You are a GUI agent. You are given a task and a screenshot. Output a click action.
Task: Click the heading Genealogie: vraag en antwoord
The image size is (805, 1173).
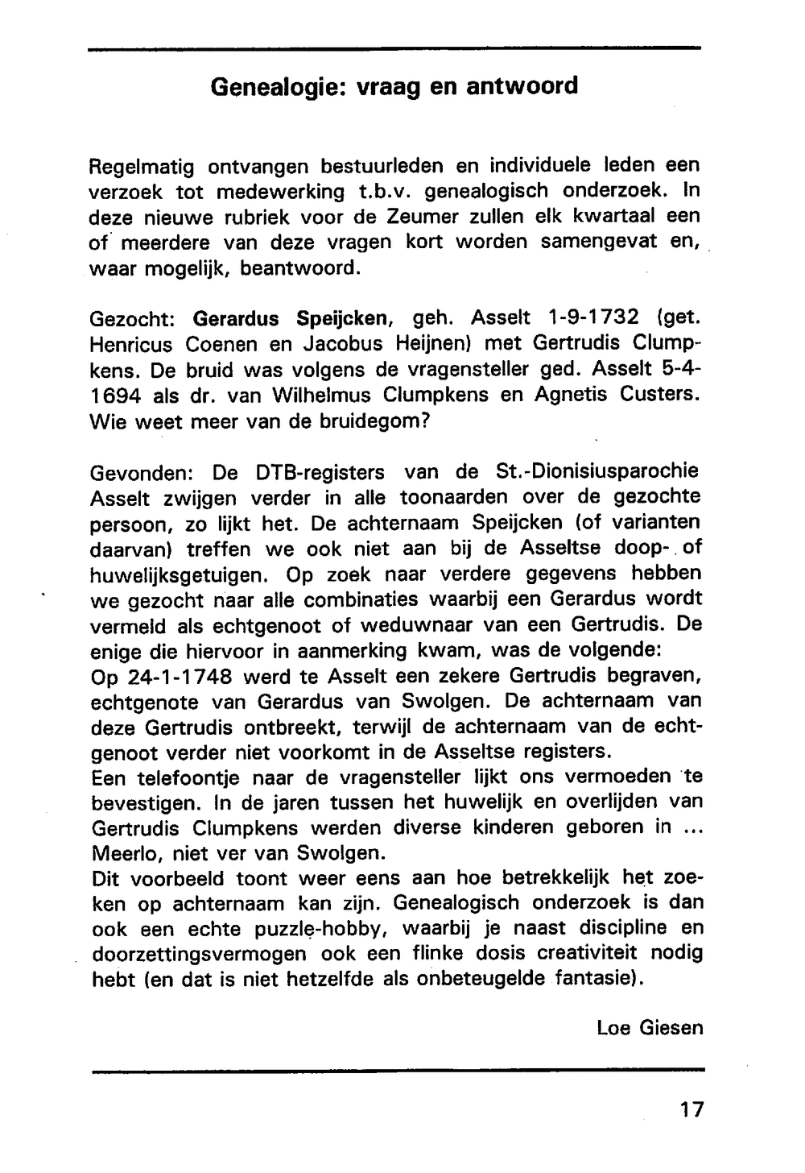(x=394, y=86)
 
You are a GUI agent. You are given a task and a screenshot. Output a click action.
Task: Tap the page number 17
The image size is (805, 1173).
(x=691, y=1109)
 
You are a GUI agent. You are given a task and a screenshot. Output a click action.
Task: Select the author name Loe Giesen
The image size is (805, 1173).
(x=650, y=1027)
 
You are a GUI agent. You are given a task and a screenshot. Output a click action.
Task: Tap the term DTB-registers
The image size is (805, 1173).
(x=320, y=471)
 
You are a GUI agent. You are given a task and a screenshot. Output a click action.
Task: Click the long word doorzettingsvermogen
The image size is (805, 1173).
(x=199, y=954)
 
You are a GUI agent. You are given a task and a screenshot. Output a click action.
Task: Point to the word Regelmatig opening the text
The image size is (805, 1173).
(x=141, y=167)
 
